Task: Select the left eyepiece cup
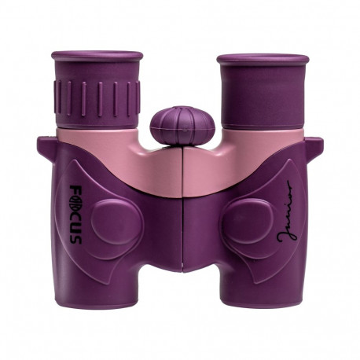coord(97,59)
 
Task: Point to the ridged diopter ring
coord(97,97)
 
